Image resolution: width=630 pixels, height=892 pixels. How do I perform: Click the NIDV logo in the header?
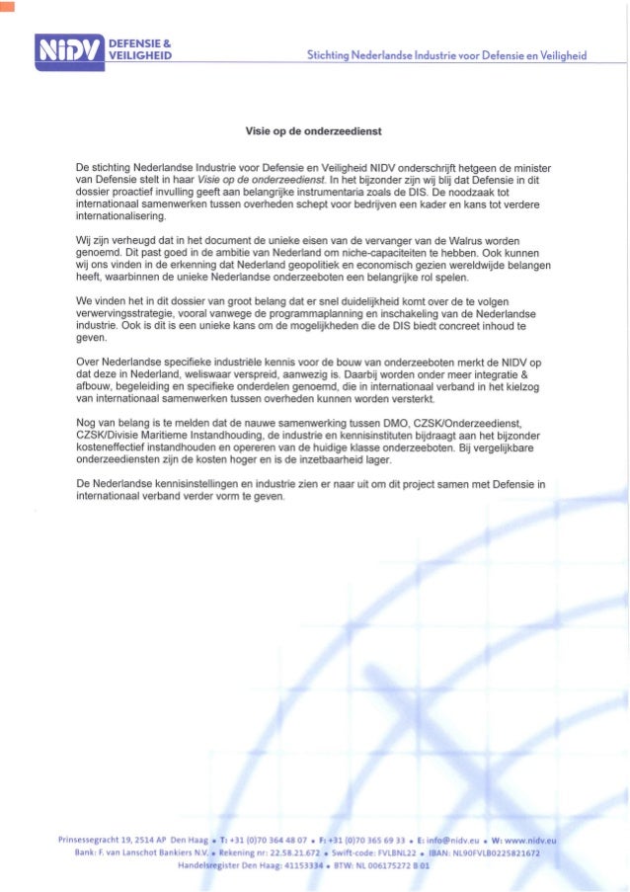coord(69,48)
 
